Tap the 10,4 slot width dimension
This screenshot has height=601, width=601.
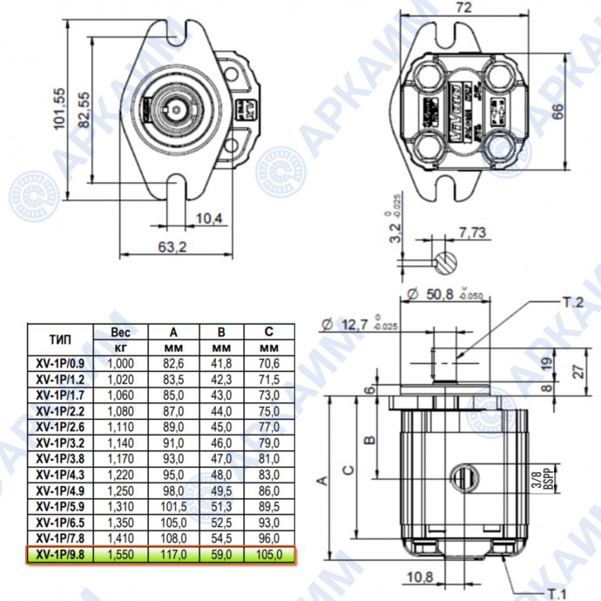[x=209, y=217]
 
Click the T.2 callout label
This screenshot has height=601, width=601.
[x=571, y=303]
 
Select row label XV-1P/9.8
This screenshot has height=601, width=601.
[x=61, y=554]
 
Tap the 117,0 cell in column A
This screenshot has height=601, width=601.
[x=173, y=554]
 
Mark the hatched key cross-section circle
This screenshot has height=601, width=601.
[x=445, y=260]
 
